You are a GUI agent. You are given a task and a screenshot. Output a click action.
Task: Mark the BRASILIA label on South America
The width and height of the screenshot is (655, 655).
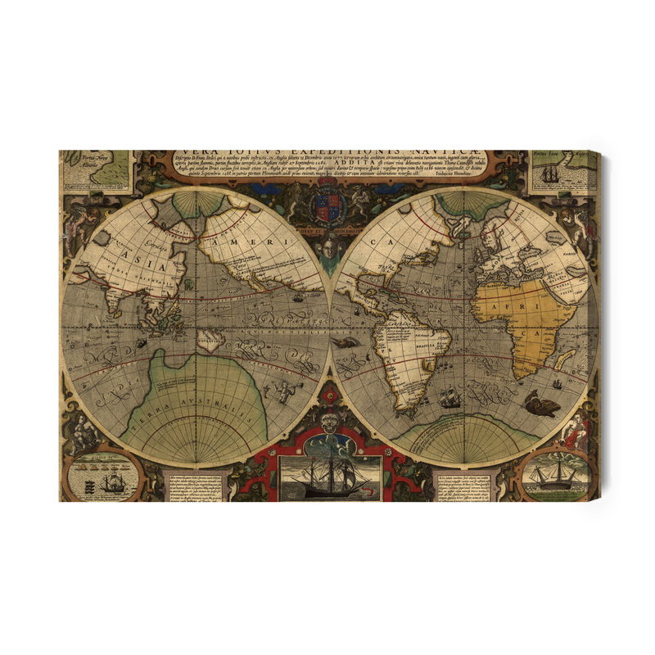(x=425, y=346)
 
